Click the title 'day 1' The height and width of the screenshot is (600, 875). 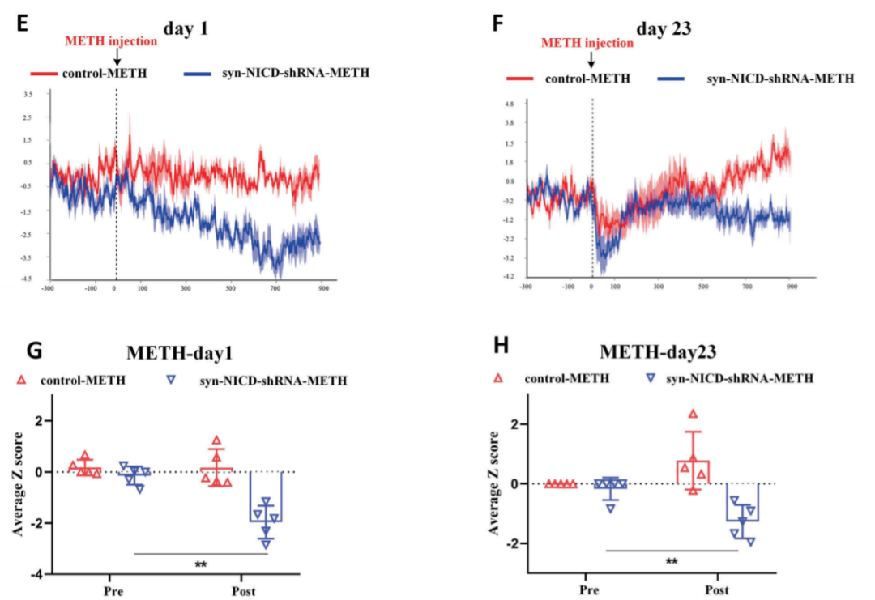(186, 28)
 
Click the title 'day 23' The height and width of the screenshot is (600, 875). (663, 29)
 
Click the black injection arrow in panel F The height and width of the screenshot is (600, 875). (591, 58)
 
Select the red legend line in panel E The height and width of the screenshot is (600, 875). (40, 74)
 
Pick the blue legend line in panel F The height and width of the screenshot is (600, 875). (672, 79)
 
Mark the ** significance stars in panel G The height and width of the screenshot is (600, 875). (200, 564)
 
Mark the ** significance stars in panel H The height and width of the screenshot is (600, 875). (671, 561)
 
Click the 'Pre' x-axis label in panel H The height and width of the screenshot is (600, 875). (590, 590)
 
